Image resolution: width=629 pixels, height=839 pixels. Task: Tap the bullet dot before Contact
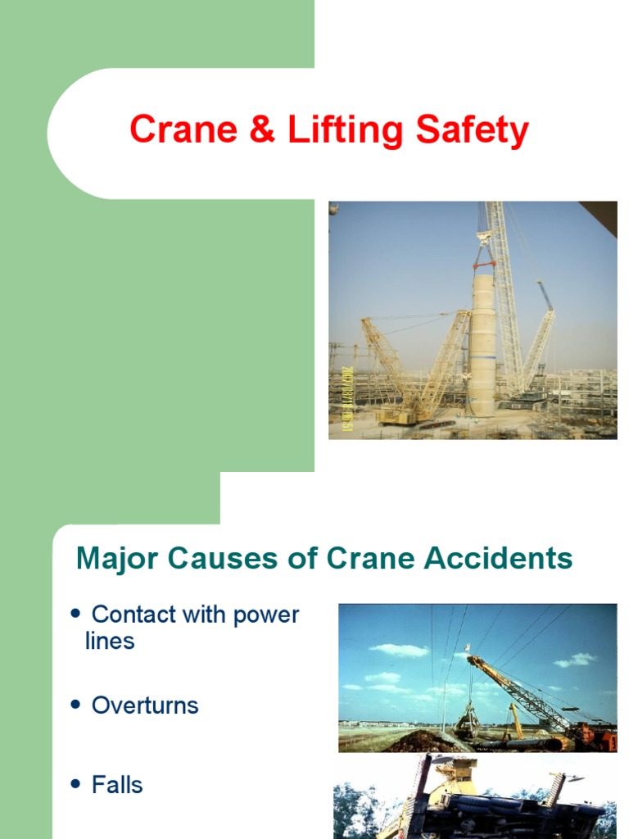click(x=77, y=613)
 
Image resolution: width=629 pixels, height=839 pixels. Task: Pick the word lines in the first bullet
click(x=110, y=641)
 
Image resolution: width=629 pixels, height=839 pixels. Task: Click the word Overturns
click(x=145, y=705)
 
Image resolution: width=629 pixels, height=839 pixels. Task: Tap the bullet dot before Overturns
click(x=77, y=705)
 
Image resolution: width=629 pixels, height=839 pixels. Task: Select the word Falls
click(x=117, y=785)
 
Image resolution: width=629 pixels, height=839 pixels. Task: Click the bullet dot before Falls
click(x=77, y=784)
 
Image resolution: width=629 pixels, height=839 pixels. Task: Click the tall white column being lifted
click(x=482, y=344)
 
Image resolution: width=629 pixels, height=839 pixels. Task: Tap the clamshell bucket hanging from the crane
click(x=468, y=721)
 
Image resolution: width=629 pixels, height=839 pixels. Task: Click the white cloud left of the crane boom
click(x=399, y=650)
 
